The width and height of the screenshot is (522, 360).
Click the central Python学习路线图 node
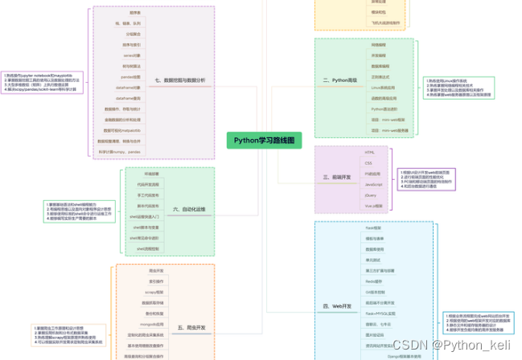[x=264, y=139]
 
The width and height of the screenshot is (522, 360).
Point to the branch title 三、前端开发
[x=337, y=176]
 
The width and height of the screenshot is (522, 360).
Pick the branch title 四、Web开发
[x=337, y=306]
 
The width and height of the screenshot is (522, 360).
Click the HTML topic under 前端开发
[x=370, y=151]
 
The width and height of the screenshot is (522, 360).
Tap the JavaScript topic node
[x=374, y=185]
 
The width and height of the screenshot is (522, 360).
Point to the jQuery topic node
[x=371, y=195]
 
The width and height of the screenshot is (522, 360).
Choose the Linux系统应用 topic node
[x=382, y=87]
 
